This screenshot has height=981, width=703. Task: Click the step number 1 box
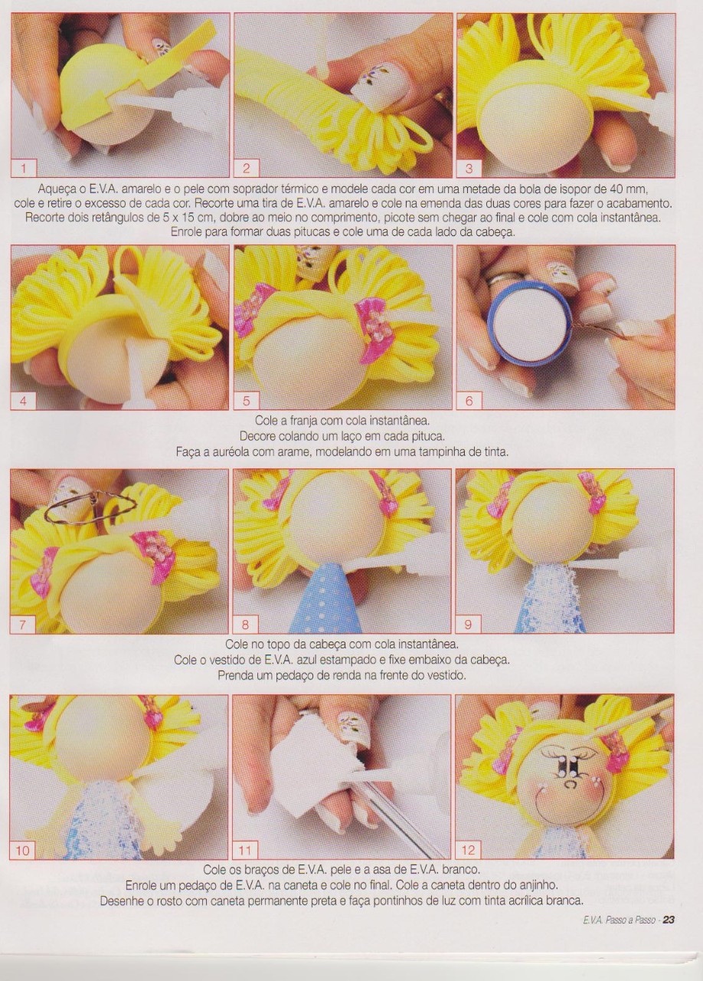(x=24, y=168)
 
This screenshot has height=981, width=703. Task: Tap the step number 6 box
(x=469, y=401)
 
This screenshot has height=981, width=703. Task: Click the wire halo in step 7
(x=91, y=508)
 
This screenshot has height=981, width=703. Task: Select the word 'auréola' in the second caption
(x=231, y=451)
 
